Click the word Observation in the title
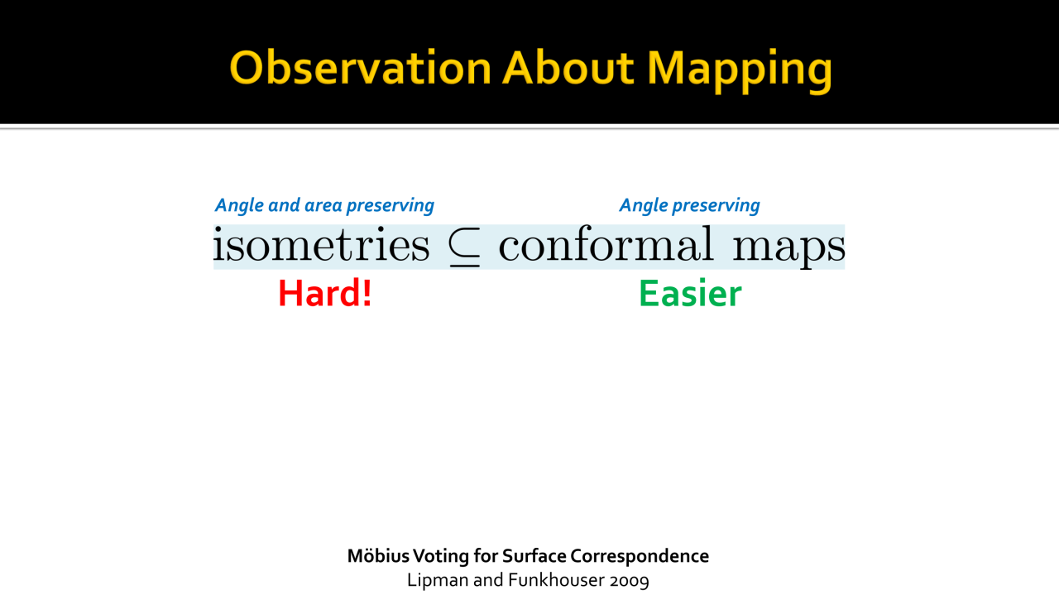[360, 68]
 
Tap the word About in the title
[568, 68]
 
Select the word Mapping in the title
[740, 71]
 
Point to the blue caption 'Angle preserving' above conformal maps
[689, 205]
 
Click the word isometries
[322, 244]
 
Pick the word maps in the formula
[788, 247]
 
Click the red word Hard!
[325, 293]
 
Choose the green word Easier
[690, 293]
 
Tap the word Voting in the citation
[441, 557]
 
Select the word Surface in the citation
[534, 556]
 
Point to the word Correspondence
[640, 557]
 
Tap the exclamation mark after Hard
[366, 293]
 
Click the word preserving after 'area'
[390, 206]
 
